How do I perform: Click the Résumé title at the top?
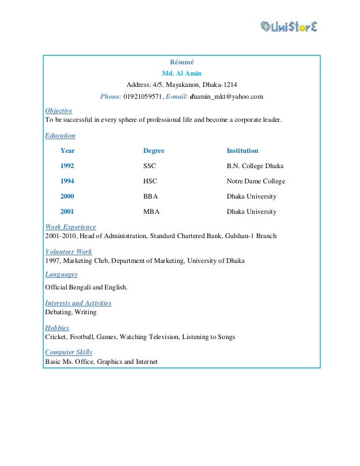coord(181,62)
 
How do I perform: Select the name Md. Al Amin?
coord(181,73)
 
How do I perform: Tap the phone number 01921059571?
coord(143,96)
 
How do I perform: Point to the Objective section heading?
coord(59,111)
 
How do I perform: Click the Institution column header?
coord(242,151)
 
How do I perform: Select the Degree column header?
coord(154,151)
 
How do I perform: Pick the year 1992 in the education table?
coord(67,166)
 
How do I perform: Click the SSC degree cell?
coord(150,166)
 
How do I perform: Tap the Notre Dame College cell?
coord(256,181)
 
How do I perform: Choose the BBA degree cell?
coord(151,196)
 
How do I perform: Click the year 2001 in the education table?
coord(67,212)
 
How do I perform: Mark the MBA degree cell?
coord(151,212)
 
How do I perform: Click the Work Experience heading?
coord(70,227)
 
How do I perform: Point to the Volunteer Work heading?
coord(68,252)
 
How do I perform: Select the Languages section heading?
coord(61,274)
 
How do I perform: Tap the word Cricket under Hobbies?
coord(56,337)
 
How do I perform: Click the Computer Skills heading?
coord(68,352)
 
